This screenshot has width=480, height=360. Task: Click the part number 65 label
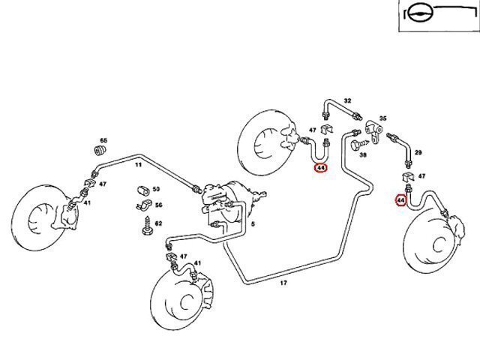coord(103,141)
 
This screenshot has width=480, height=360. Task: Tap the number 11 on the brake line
coord(138,163)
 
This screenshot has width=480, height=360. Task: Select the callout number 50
coord(156,190)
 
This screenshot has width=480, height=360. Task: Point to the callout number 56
coord(158,205)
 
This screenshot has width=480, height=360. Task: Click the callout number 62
coord(158,223)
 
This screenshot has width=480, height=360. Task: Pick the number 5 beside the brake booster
coord(253,223)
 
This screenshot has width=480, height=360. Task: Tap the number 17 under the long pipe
coord(283,283)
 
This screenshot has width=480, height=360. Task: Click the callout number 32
coord(347,101)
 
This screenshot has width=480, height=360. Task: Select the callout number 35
coord(382,119)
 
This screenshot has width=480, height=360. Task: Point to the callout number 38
coord(362,155)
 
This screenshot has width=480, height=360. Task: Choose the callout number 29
coord(418,153)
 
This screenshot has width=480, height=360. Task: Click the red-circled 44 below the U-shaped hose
coord(321,168)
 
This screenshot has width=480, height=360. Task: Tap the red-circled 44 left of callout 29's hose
coord(401,200)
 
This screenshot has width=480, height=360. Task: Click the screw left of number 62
coord(142,223)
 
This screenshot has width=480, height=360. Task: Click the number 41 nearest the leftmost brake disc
coord(87,203)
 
